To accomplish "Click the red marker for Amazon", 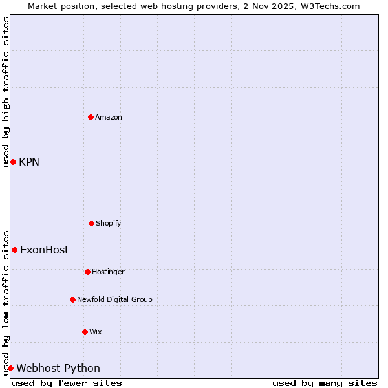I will [x=91, y=117].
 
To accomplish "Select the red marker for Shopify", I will [x=91, y=223].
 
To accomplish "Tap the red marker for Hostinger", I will [x=87, y=272].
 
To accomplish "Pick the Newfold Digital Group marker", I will [x=72, y=299].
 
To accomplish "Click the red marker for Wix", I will [x=85, y=332].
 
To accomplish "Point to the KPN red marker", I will [x=13, y=162].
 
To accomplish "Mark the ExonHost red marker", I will [x=14, y=250].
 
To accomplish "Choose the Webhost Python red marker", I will [x=10, y=368].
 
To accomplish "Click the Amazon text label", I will [x=109, y=117].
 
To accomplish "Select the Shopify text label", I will [x=109, y=223].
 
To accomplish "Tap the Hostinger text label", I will [x=108, y=272].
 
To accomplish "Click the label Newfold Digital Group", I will [x=114, y=299].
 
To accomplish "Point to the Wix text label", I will [x=96, y=332].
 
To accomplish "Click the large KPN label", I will [x=29, y=162].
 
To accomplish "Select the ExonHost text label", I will [x=44, y=250].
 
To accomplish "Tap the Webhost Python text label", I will [x=58, y=368].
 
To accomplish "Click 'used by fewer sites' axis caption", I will [x=67, y=383].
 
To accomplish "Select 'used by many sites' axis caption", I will [x=325, y=383].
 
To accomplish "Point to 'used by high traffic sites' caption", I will [x=6, y=92].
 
